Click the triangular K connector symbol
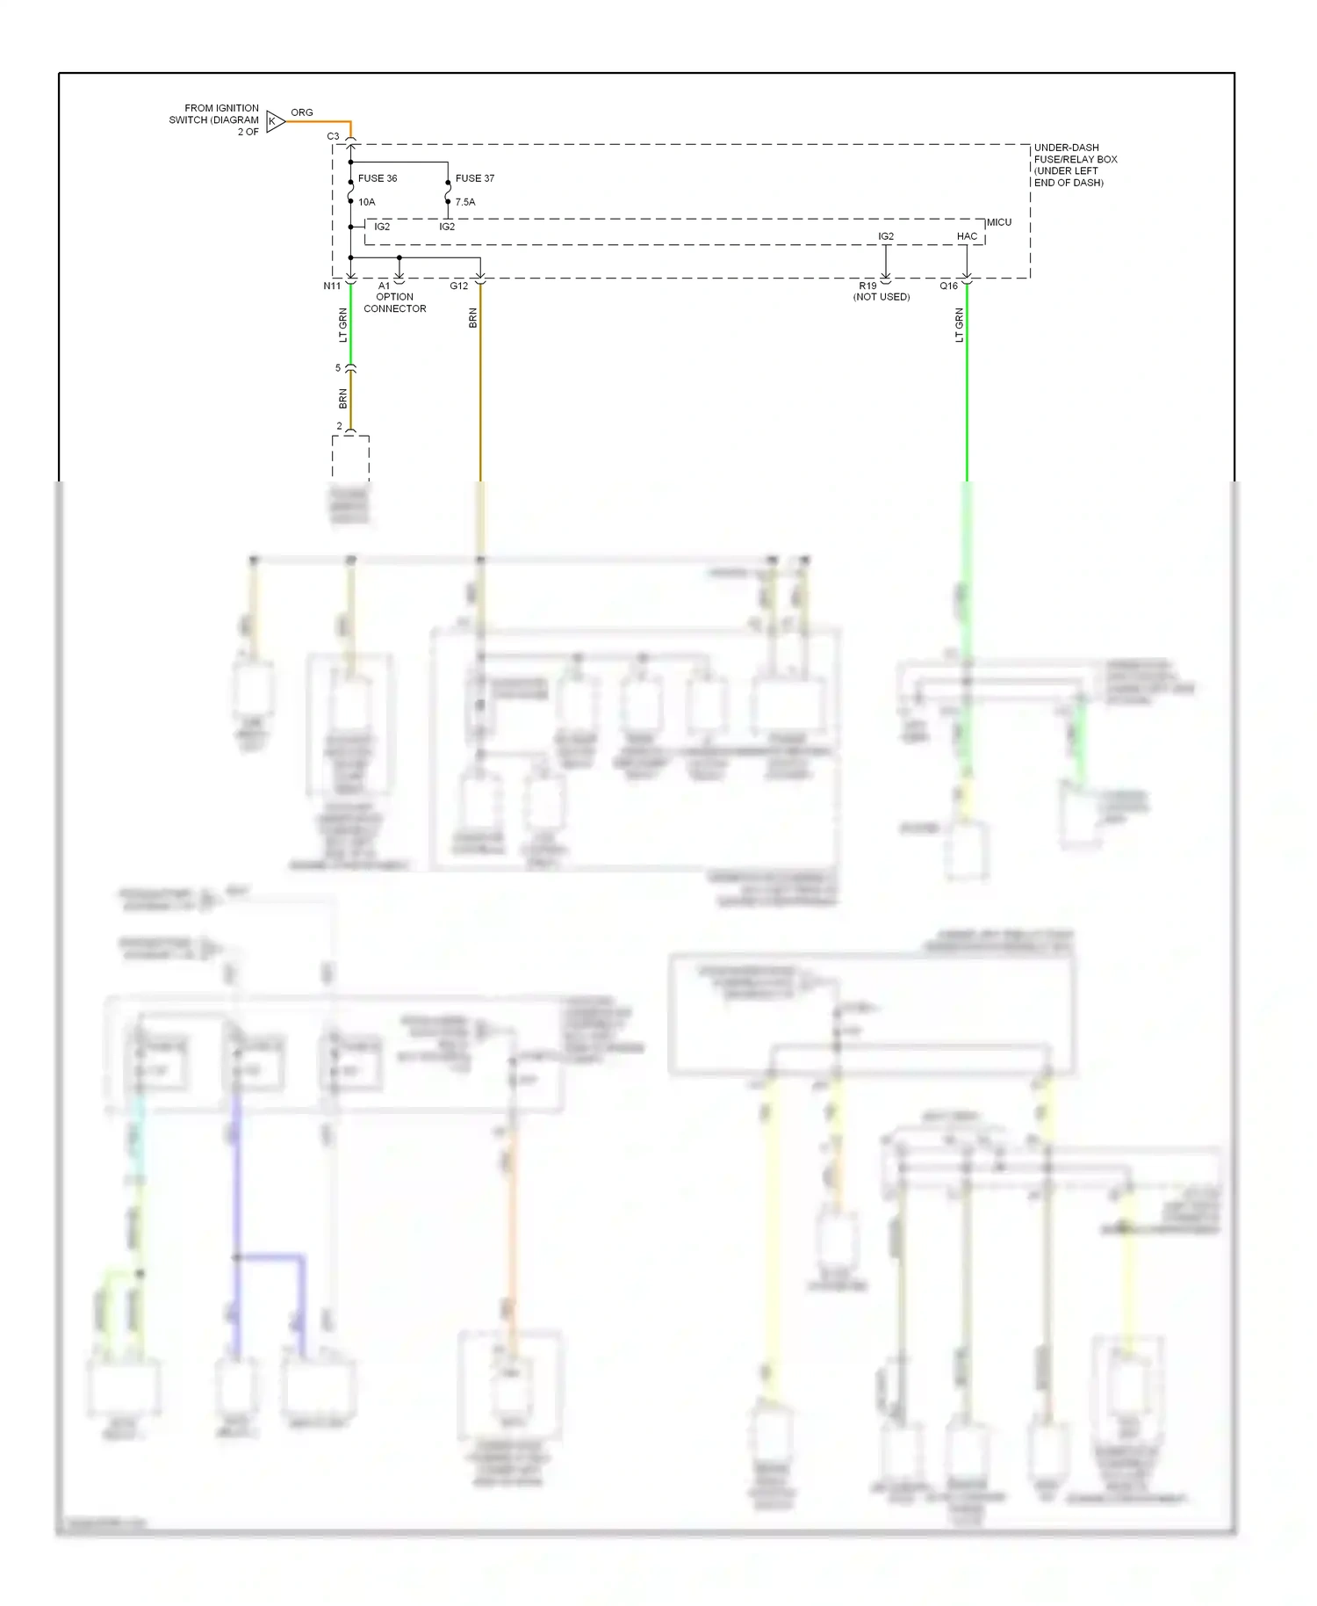point(275,121)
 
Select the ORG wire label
point(302,112)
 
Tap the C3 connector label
point(333,136)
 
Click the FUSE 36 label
point(378,178)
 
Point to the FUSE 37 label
point(475,178)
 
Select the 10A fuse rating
point(367,202)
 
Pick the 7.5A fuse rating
point(465,202)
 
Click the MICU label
point(999,222)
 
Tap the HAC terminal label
point(967,236)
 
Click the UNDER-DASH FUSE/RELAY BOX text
point(1075,165)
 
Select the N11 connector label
point(332,286)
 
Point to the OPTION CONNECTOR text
point(395,303)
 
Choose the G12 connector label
point(459,286)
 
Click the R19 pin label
point(867,286)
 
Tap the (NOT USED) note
point(882,297)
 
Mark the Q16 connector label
point(949,286)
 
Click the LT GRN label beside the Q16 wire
point(960,325)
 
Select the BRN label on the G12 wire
point(473,318)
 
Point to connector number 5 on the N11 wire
point(338,368)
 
